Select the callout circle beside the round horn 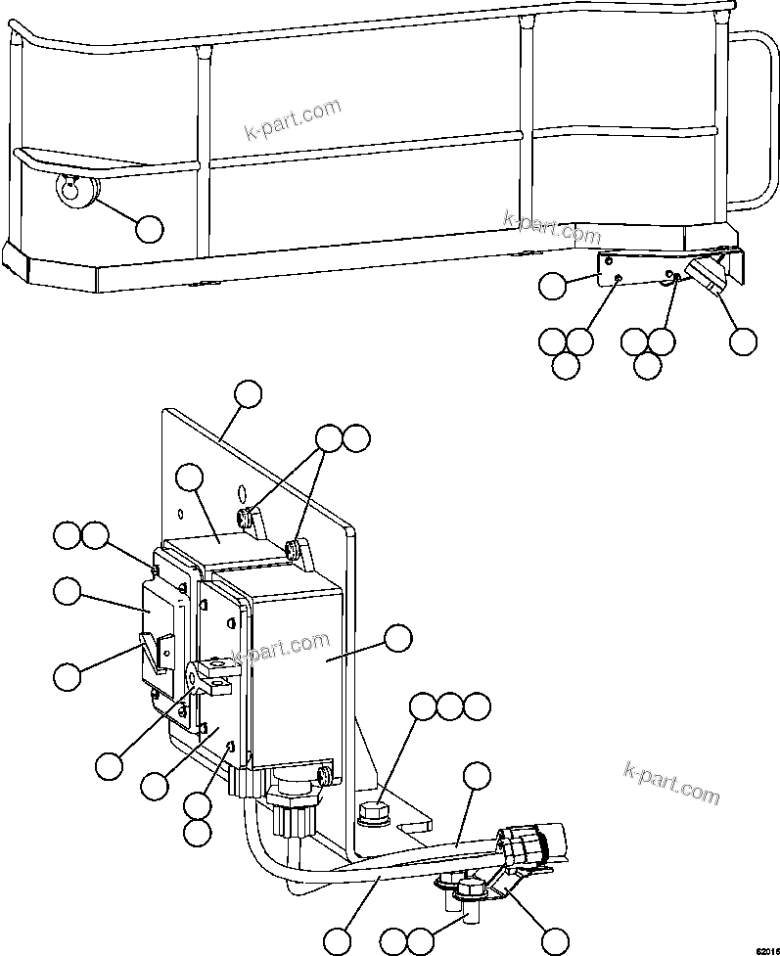[149, 229]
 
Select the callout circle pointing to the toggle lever [67, 675]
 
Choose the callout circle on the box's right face [397, 638]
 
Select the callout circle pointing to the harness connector [554, 940]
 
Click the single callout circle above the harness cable [476, 776]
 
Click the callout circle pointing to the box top [189, 478]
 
